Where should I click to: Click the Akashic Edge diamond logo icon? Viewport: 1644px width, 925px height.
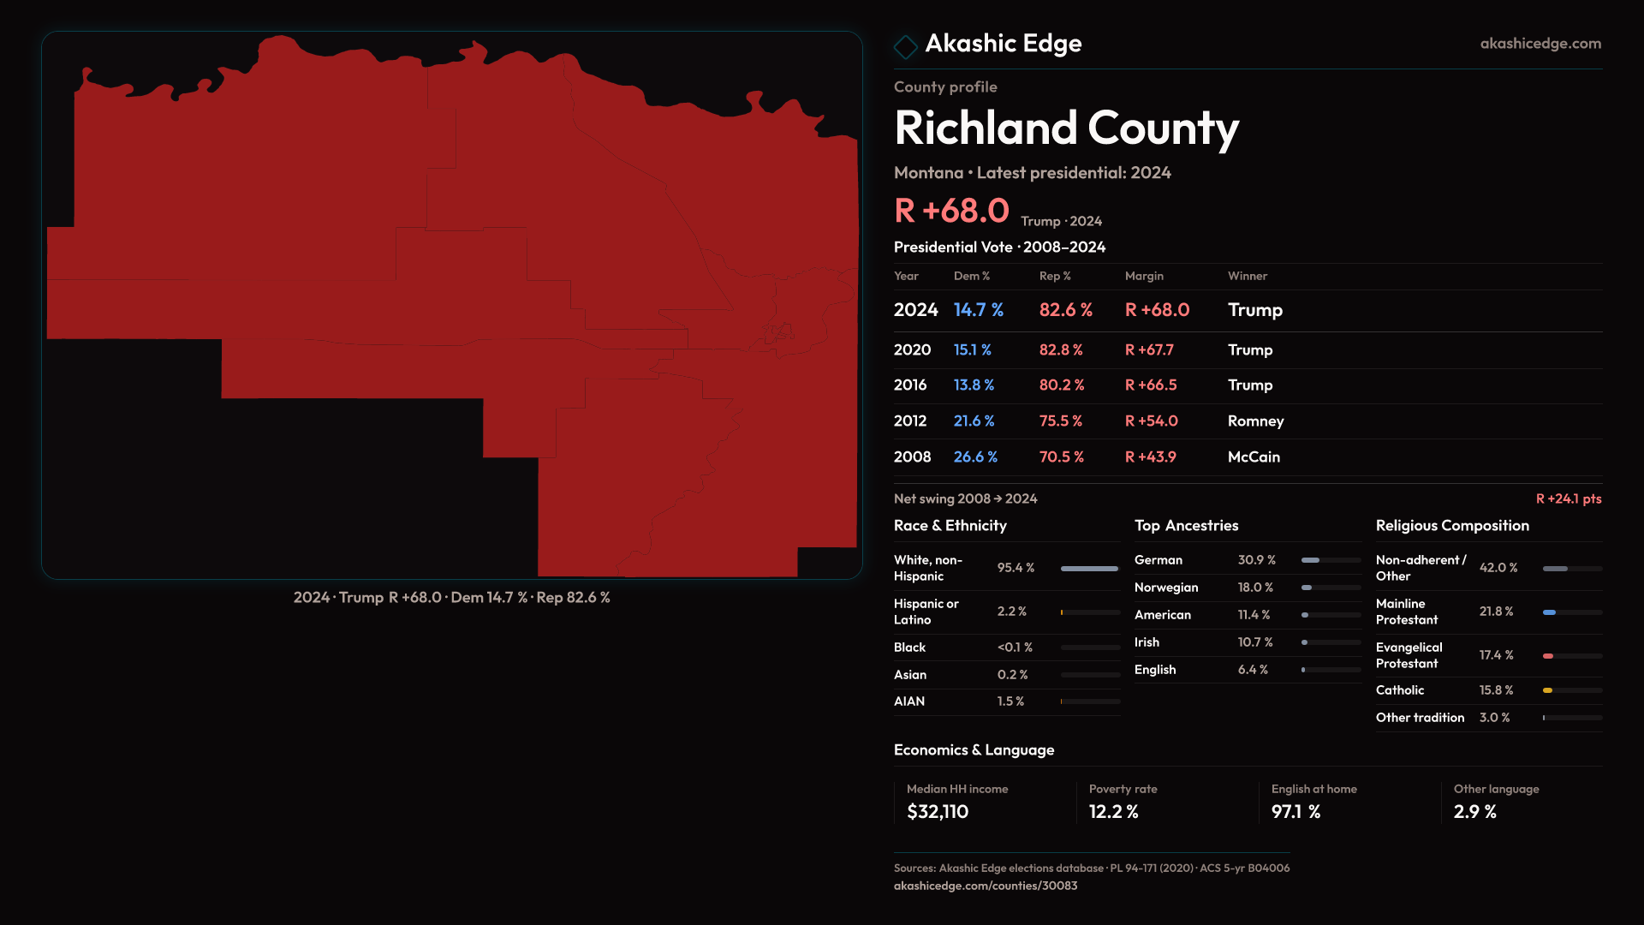(905, 46)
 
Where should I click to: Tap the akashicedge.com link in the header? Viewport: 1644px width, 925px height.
(1540, 44)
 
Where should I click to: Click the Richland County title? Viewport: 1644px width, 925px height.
(1066, 128)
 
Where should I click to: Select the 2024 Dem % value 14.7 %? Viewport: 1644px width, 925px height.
(978, 310)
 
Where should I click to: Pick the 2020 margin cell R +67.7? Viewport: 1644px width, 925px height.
(1149, 350)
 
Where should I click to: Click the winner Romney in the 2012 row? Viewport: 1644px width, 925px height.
(1255, 421)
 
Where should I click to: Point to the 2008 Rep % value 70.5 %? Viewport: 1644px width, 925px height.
(1061, 457)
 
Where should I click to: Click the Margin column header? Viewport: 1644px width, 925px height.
(1144, 276)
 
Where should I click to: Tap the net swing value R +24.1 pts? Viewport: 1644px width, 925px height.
(1568, 498)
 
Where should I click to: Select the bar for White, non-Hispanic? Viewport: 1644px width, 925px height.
(1089, 569)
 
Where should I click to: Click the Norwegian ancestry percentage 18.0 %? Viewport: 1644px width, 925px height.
(1255, 588)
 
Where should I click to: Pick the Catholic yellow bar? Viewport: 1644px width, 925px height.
(1547, 690)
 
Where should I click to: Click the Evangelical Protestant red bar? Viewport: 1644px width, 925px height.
(1548, 656)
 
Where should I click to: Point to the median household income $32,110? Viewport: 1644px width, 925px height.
(938, 812)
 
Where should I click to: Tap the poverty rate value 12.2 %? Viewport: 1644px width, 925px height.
(1113, 812)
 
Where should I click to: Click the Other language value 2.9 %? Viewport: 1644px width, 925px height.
(1474, 812)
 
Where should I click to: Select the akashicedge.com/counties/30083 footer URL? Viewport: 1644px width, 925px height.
(986, 886)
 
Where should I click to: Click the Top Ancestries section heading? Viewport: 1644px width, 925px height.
(1186, 526)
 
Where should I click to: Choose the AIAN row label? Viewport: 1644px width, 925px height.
(909, 701)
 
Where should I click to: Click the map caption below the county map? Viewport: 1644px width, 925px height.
(451, 598)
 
